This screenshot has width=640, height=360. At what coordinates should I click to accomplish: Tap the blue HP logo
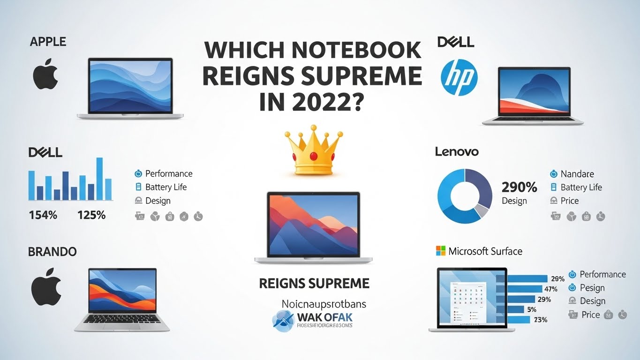click(x=459, y=78)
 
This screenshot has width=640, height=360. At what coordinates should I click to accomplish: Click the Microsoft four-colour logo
click(x=440, y=251)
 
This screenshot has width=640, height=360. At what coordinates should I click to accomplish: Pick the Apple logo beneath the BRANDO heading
click(x=46, y=290)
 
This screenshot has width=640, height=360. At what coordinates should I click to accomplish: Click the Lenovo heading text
click(x=457, y=152)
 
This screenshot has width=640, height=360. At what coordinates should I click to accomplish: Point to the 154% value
click(x=43, y=215)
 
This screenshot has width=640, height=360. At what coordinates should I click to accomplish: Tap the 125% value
click(x=91, y=215)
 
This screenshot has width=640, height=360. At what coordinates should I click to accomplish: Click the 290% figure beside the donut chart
click(x=519, y=187)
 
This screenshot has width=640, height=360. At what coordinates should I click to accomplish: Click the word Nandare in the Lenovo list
click(x=577, y=174)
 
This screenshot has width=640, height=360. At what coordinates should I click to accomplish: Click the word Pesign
click(x=592, y=288)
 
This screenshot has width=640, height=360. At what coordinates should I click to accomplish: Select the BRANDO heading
click(x=52, y=252)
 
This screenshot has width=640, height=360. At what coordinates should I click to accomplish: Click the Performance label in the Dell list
click(x=169, y=174)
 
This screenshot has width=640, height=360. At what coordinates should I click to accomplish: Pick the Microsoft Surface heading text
click(x=485, y=251)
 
